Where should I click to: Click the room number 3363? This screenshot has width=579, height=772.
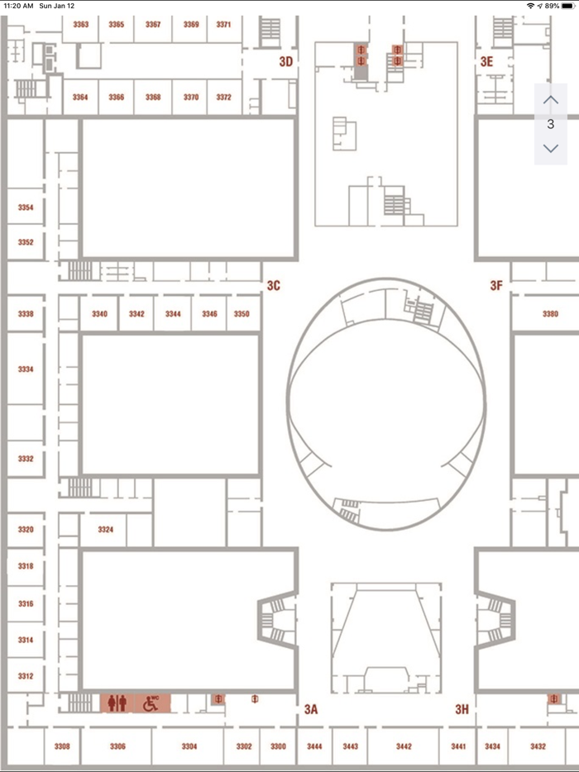point(81,24)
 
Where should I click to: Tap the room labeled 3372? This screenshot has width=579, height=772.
point(223,97)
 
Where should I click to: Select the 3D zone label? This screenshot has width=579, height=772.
point(286,61)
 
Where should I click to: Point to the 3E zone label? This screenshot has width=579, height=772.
point(486,61)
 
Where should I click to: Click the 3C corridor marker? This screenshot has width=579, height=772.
point(274,285)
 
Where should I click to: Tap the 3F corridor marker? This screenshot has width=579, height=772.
point(496,285)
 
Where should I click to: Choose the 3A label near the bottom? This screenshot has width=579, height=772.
point(311,709)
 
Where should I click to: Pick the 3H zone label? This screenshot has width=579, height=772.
point(462,709)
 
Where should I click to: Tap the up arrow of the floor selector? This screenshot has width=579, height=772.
point(550,100)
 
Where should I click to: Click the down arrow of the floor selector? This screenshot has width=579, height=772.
point(550,148)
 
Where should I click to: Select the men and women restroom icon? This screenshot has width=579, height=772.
point(117,703)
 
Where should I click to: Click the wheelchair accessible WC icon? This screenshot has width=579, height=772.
point(151,703)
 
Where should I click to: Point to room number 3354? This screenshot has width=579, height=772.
point(26,207)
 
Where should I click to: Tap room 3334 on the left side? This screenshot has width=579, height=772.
point(26,369)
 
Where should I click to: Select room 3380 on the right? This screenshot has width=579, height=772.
point(550,313)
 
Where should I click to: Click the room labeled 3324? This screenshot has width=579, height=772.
point(105,529)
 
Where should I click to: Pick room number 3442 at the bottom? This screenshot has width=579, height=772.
point(404,746)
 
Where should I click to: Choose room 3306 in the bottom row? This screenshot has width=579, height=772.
point(117,746)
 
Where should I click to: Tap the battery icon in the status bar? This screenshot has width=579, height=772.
point(567,6)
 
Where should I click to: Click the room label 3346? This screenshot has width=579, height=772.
point(209,313)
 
